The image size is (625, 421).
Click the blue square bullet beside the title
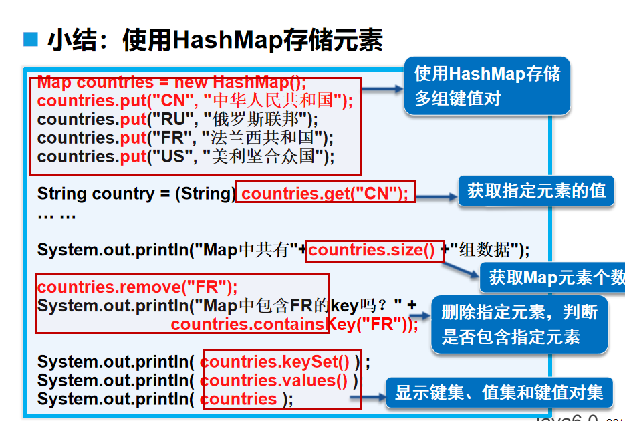31,40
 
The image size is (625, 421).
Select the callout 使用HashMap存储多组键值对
487,86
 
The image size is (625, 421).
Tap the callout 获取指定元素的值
536,191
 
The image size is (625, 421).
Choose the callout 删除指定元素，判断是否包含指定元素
519,324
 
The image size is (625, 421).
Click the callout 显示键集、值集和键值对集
499,392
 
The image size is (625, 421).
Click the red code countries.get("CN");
325,194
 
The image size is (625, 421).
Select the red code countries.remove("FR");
138,287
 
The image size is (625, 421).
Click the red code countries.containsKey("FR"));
294,325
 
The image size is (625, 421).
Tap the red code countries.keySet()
275,362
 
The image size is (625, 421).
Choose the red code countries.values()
274,380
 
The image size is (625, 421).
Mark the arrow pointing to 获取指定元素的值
434,196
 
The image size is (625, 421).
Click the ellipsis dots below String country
57,215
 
